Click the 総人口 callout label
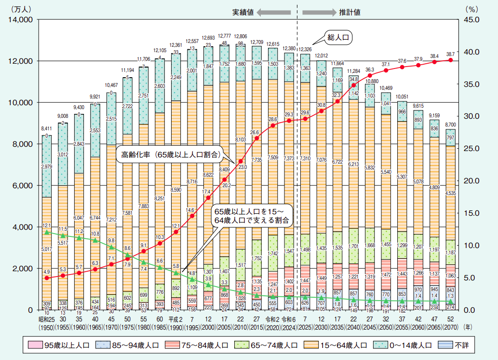click(x=337, y=38)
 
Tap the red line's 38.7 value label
click(x=450, y=54)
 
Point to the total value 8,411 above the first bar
click(x=46, y=129)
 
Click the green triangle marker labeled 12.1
click(x=47, y=232)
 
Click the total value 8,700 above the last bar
click(x=450, y=124)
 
